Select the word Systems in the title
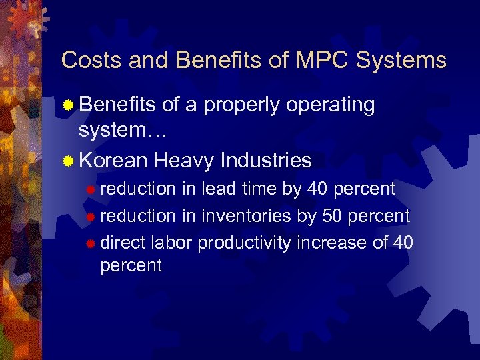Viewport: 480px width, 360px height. point(401,60)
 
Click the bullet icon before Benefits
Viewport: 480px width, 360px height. point(67,105)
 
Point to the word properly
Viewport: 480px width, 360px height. point(243,105)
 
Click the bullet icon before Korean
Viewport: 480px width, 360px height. point(67,161)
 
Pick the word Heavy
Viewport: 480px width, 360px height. point(183,160)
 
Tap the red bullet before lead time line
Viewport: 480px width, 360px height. point(91,190)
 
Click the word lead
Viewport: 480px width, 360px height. point(219,189)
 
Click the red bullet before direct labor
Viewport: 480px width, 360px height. point(91,243)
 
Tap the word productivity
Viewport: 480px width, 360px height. point(244,243)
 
